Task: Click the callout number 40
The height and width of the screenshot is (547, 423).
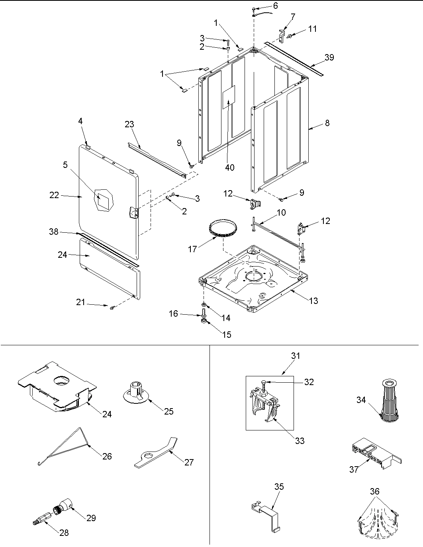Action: click(x=230, y=167)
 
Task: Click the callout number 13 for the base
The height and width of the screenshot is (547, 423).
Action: click(x=314, y=301)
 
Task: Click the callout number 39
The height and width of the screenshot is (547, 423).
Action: click(x=329, y=57)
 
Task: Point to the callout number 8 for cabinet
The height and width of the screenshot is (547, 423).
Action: click(x=327, y=123)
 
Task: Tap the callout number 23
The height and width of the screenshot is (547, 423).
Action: click(x=129, y=124)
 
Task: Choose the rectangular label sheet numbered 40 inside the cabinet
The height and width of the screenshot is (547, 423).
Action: click(x=229, y=96)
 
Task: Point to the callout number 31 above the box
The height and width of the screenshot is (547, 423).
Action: click(x=296, y=356)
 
